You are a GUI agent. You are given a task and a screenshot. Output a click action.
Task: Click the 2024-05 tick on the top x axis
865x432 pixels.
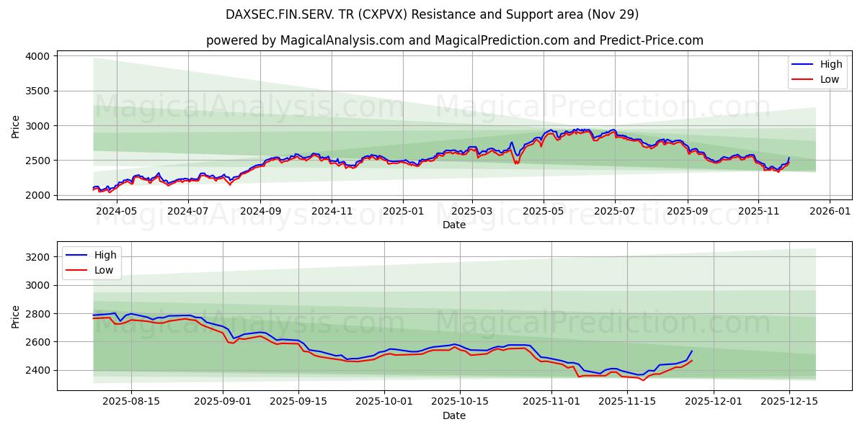pyautogui.click(x=116, y=212)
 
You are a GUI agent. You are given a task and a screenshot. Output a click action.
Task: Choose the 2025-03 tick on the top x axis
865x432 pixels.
pyautogui.click(x=472, y=212)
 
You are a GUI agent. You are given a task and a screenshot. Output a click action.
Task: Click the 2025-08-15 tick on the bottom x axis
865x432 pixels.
pyautogui.click(x=131, y=402)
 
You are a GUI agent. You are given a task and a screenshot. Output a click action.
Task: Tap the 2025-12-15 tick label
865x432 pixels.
pyautogui.click(x=789, y=402)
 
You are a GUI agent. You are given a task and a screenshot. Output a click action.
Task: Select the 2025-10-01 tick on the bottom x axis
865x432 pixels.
pyautogui.click(x=383, y=402)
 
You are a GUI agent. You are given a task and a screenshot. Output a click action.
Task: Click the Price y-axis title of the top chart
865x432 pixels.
pyautogui.click(x=16, y=127)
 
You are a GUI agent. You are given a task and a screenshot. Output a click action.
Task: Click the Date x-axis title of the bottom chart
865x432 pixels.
pyautogui.click(x=454, y=415)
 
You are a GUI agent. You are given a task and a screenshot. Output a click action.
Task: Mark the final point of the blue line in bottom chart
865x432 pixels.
pyautogui.click(x=692, y=351)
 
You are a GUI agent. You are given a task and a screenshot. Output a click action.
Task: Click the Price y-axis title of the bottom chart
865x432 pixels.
pyautogui.click(x=16, y=316)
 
